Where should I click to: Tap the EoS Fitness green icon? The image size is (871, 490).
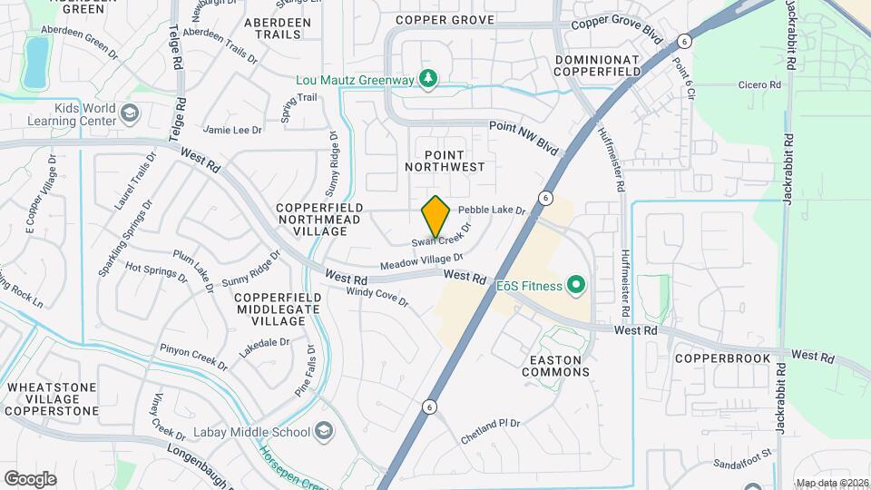[x=575, y=287]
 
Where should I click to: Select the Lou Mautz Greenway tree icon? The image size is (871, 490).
[x=427, y=80]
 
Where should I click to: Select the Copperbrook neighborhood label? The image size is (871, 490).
[x=722, y=358]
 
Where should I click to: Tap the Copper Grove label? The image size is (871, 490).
[x=445, y=20]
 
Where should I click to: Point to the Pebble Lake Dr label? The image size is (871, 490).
[x=498, y=210]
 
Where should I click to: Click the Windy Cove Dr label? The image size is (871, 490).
[x=377, y=296]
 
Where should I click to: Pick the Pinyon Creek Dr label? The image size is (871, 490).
[x=193, y=356]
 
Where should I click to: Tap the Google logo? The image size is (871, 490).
[x=30, y=478]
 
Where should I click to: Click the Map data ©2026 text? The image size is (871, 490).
[x=832, y=483]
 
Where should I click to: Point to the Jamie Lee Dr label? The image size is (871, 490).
[x=233, y=130]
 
